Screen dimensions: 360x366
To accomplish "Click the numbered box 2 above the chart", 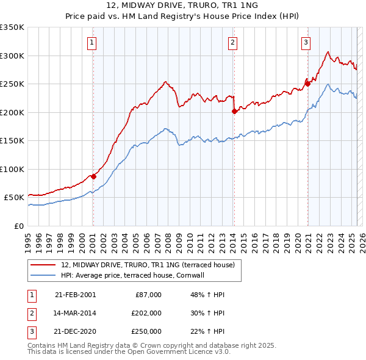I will (x=233, y=42).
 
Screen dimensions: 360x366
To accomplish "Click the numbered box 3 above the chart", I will (x=306, y=42).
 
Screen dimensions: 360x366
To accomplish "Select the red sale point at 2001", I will (x=93, y=176).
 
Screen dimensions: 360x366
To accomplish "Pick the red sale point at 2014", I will (x=234, y=111).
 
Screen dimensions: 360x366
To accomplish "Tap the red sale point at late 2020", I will (x=308, y=84).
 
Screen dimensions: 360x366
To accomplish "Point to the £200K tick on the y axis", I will (x=12, y=112).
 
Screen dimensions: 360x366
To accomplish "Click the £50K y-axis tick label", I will (x=14, y=198).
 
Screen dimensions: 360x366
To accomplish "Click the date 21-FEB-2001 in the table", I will (x=75, y=295).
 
